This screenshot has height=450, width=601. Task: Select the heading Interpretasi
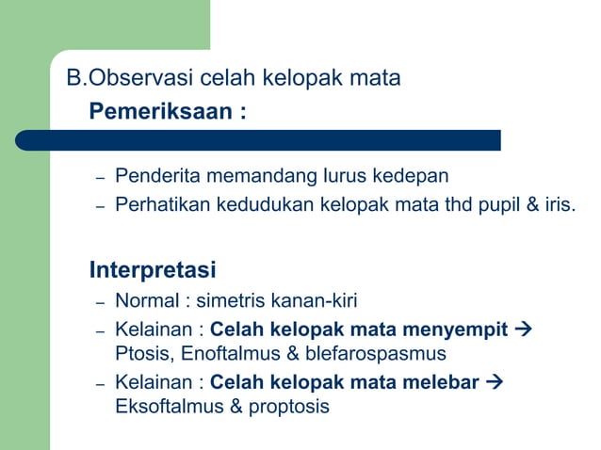coord(153,270)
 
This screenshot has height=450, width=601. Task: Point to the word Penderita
coord(153,176)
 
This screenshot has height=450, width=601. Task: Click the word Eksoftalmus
coord(162,408)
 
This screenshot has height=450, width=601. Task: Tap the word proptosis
coord(286,409)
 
